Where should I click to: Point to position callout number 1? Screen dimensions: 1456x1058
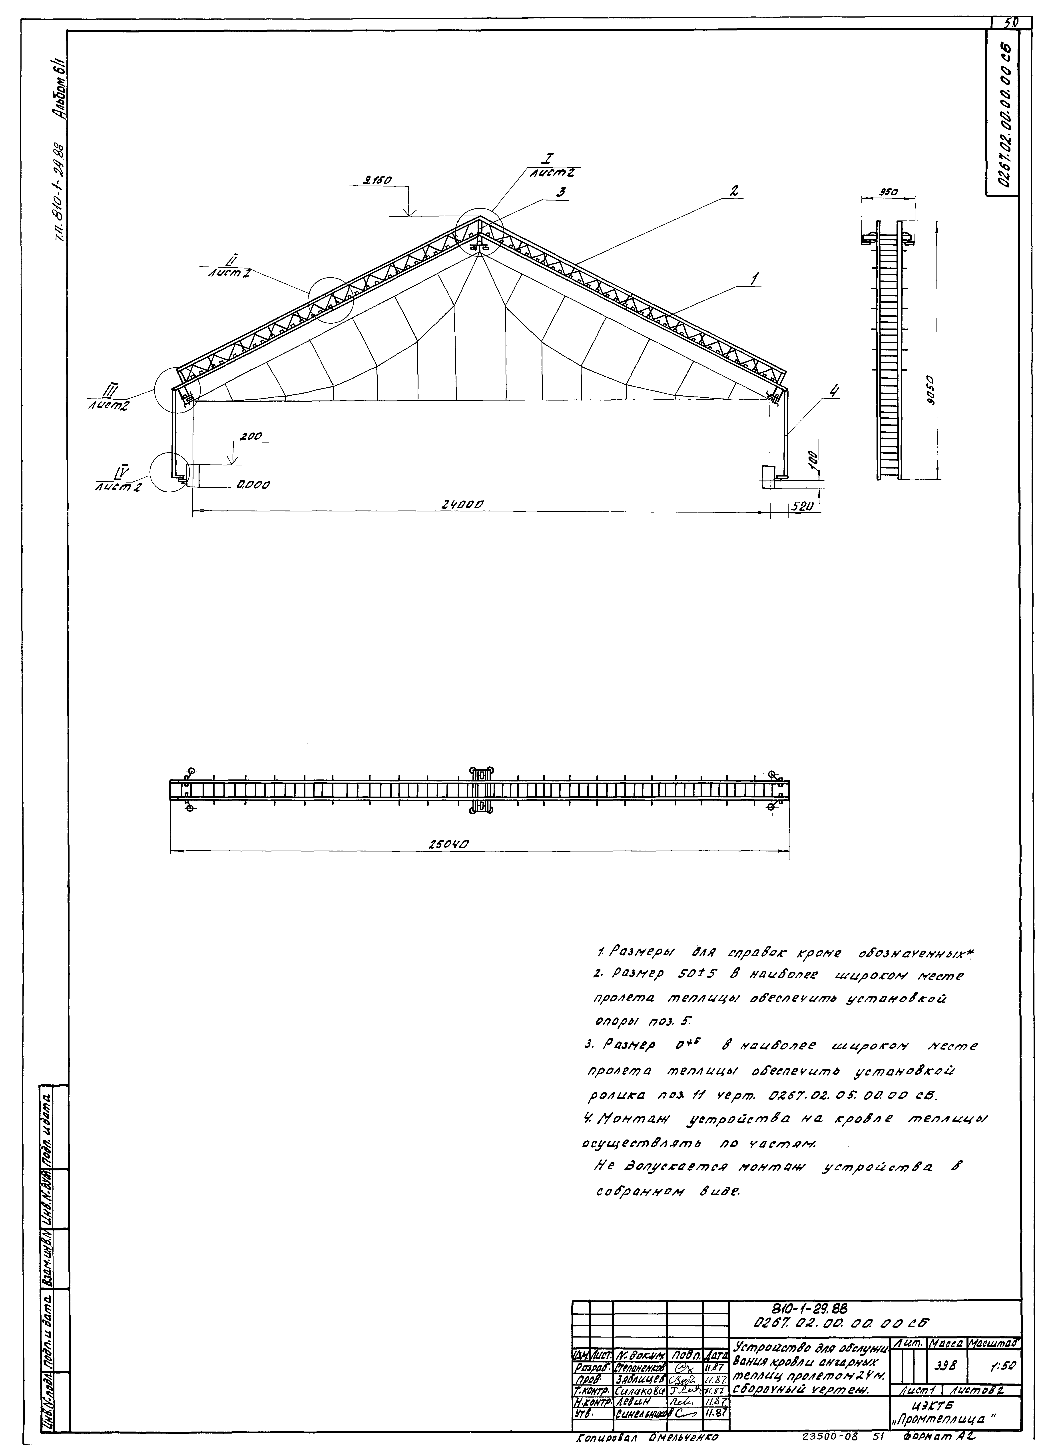tap(756, 279)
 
